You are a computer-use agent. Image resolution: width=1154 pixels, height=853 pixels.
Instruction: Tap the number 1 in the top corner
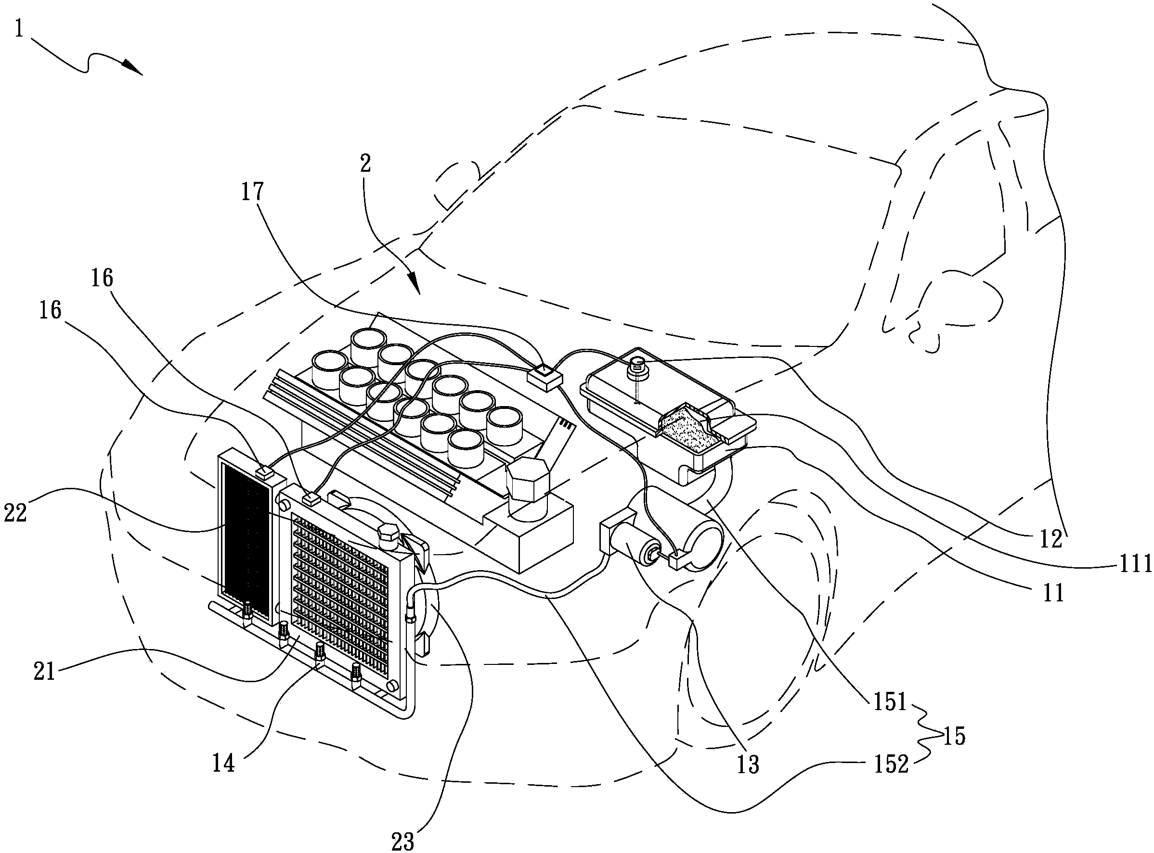(20, 28)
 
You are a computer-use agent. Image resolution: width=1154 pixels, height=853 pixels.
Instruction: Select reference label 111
(1135, 564)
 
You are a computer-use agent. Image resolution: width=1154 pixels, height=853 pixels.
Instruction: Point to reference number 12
(1050, 539)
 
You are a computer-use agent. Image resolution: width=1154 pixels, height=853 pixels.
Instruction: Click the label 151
(890, 702)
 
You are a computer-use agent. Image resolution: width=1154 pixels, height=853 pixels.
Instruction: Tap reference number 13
(748, 764)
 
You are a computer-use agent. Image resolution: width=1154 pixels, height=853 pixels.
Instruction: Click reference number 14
(223, 763)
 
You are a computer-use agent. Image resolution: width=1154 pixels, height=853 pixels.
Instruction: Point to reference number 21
(44, 672)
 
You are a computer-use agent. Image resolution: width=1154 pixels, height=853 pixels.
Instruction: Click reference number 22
(15, 513)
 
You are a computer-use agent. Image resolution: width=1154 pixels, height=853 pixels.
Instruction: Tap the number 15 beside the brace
(954, 736)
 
